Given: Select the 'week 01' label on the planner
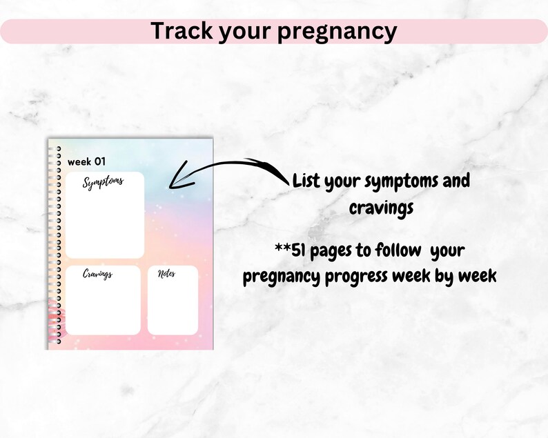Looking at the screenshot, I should tap(86, 161).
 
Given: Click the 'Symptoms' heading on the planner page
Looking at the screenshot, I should tap(103, 182).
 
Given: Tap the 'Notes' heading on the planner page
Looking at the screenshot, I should tap(166, 274).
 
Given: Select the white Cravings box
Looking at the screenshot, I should tap(103, 303).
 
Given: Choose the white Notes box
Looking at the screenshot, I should tap(173, 303).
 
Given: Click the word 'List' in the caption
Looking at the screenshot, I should tap(308, 182).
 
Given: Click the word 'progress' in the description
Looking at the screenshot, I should tap(366, 277).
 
